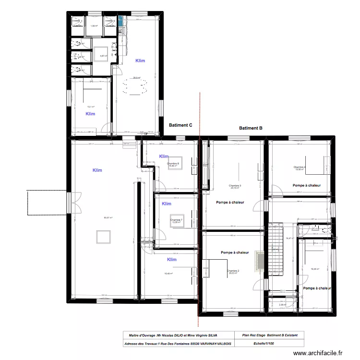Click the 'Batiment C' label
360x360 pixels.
coord(180,125)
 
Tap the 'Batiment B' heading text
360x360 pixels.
coord(251,128)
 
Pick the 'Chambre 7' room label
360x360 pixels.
coord(177,220)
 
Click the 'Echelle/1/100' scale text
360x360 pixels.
coord(264,343)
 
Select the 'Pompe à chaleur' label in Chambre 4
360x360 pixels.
coord(306,185)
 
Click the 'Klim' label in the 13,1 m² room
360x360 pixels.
coord(90,114)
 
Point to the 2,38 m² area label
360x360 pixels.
coord(282,304)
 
